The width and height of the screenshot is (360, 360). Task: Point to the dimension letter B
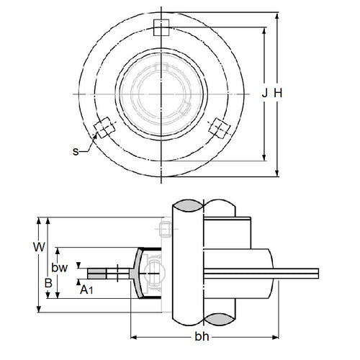(48, 283)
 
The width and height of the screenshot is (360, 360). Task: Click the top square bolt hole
(162, 27)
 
